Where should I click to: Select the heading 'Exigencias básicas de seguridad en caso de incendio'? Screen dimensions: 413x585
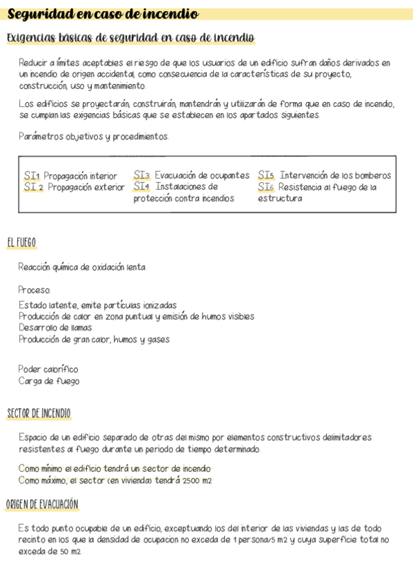click(x=131, y=37)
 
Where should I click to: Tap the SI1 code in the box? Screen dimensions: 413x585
click(x=32, y=176)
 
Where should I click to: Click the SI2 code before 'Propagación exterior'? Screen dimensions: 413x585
click(x=33, y=187)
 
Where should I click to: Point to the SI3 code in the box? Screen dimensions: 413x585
click(x=141, y=176)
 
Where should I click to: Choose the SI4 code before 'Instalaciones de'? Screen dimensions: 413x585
click(x=141, y=187)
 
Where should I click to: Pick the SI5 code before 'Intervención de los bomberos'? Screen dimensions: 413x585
click(x=266, y=176)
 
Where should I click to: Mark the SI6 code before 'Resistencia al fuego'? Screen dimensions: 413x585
click(x=266, y=187)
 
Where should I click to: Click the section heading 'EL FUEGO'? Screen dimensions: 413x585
click(x=21, y=243)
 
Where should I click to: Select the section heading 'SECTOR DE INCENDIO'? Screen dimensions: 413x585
click(x=39, y=414)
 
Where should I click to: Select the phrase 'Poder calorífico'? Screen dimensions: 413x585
click(x=48, y=369)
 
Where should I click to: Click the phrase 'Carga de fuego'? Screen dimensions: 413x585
click(x=49, y=381)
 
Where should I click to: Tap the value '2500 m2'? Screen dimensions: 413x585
click(x=197, y=480)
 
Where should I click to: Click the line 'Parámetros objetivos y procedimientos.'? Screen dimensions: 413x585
click(x=94, y=137)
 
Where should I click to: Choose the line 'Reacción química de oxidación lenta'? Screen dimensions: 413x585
click(x=82, y=267)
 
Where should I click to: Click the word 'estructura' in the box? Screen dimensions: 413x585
click(x=280, y=199)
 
